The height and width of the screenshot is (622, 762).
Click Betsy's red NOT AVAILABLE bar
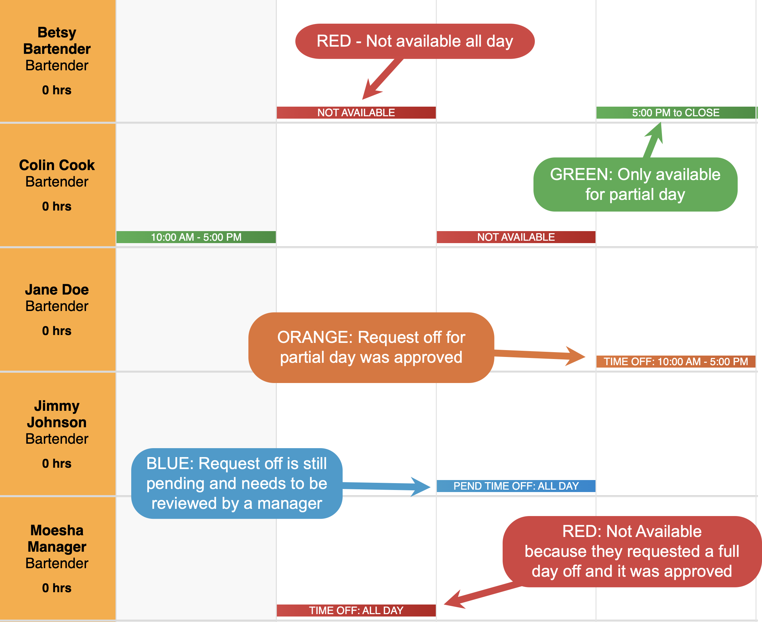click(x=356, y=112)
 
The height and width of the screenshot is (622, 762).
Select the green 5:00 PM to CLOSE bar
click(x=676, y=112)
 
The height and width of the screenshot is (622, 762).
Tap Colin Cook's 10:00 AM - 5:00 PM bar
click(x=196, y=237)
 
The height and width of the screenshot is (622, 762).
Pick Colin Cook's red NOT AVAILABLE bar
click(x=516, y=237)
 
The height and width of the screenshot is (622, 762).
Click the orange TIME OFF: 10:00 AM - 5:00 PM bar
click(x=676, y=361)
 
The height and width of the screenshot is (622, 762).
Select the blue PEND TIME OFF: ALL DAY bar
click(x=516, y=486)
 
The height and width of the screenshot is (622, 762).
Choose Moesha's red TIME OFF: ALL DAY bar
click(x=356, y=611)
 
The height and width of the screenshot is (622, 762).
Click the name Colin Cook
click(x=57, y=165)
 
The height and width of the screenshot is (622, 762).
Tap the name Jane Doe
click(x=57, y=289)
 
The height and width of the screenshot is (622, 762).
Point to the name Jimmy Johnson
click(x=57, y=414)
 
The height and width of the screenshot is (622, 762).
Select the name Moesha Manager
click(x=57, y=539)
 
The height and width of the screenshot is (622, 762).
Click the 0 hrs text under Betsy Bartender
click(x=57, y=90)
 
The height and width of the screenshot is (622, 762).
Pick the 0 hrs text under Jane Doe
click(x=57, y=331)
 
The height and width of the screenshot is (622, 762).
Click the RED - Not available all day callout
click(x=415, y=41)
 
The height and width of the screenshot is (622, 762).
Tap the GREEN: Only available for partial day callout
click(x=635, y=184)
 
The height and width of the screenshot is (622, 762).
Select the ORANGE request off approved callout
click(x=371, y=348)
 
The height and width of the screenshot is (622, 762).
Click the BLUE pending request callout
click(x=237, y=483)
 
